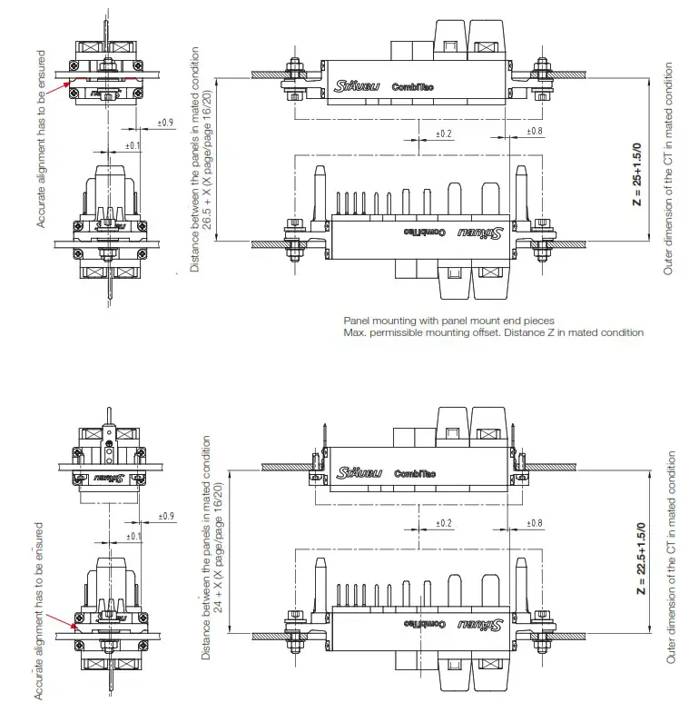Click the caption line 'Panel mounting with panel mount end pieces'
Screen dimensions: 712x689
[448, 321]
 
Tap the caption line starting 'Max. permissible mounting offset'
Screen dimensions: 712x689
[493, 332]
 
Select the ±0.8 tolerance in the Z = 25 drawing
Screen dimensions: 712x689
[534, 133]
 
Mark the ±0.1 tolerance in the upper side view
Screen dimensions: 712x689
[133, 145]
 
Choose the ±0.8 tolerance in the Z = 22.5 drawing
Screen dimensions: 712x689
[534, 524]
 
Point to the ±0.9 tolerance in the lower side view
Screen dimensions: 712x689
[165, 516]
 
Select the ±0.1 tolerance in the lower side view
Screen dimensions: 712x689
[133, 537]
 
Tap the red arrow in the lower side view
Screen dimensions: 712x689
[64, 621]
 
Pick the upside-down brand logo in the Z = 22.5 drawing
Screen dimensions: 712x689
[480, 625]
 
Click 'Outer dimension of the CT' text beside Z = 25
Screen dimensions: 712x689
[669, 169]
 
